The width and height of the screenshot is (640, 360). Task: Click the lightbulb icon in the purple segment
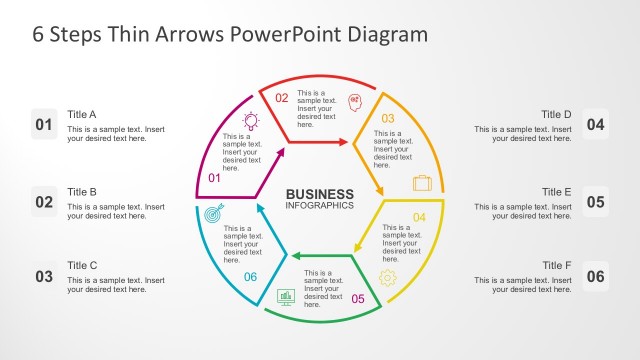[251, 120]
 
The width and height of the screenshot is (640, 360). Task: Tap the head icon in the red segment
[354, 101]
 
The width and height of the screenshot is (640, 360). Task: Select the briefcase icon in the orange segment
[422, 182]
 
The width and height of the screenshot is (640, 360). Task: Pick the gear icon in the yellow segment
[388, 277]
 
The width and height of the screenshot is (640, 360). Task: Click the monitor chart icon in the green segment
[285, 296]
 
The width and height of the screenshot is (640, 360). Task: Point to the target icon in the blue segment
[212, 214]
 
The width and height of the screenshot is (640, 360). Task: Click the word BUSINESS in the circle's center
[320, 194]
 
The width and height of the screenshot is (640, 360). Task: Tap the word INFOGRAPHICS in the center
[320, 206]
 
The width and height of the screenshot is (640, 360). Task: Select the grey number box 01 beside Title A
[44, 125]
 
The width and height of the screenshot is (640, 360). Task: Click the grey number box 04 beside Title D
[595, 125]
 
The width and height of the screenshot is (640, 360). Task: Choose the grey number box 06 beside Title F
[595, 277]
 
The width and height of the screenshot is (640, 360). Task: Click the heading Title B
[82, 191]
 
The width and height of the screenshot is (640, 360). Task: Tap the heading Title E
[557, 191]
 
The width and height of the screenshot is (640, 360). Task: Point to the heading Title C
[82, 265]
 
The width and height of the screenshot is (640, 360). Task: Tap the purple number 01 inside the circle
[213, 178]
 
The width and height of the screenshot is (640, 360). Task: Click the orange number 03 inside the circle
[388, 118]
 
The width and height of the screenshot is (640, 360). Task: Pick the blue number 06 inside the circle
[250, 277]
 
